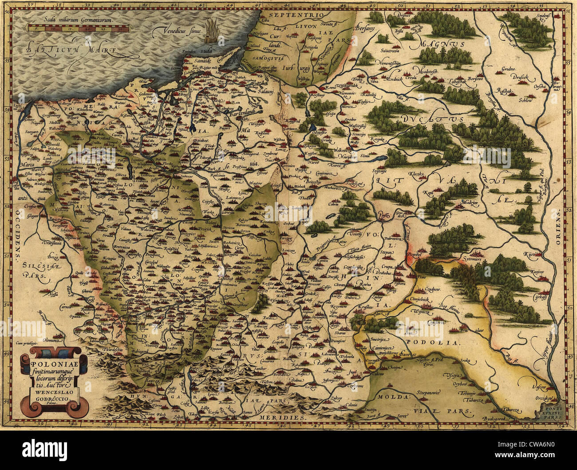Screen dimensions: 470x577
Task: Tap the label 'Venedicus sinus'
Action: (177, 31)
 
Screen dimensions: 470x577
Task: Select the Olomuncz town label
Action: (55, 341)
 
